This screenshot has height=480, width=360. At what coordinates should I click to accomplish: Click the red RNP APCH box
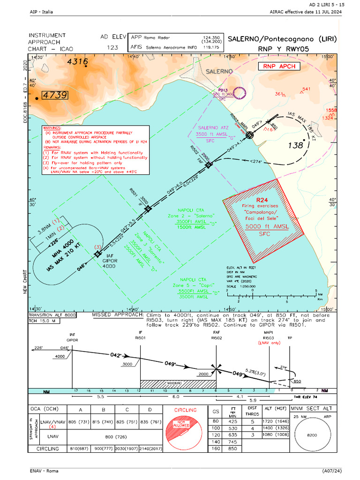[279, 66]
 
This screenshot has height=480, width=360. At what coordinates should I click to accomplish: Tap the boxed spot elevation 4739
[55, 95]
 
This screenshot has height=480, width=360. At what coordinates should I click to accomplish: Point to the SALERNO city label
[218, 71]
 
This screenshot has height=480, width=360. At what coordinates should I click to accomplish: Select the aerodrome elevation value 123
[112, 47]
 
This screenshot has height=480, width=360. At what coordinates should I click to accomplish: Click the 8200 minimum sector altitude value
[311, 435]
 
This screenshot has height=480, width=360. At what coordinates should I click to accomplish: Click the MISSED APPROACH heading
[117, 315]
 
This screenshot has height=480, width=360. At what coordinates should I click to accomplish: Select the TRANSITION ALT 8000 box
[51, 315]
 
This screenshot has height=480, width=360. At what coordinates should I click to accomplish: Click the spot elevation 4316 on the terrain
[77, 61]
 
